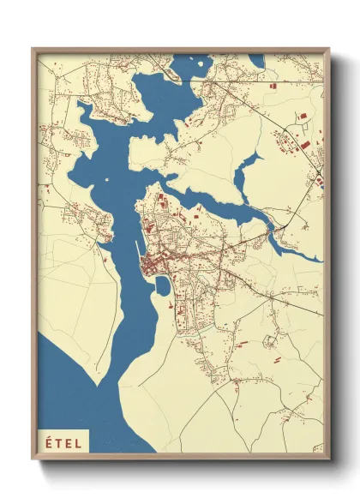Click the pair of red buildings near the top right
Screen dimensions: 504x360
[x=301, y=117]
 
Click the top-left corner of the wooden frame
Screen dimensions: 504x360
[x=33, y=49]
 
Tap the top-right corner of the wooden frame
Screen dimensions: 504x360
[x=329, y=49]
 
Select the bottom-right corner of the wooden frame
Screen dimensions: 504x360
[x=329, y=459]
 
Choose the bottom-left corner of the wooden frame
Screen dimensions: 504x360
[x=33, y=459]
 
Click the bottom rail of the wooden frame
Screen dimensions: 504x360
[x=180, y=457]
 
